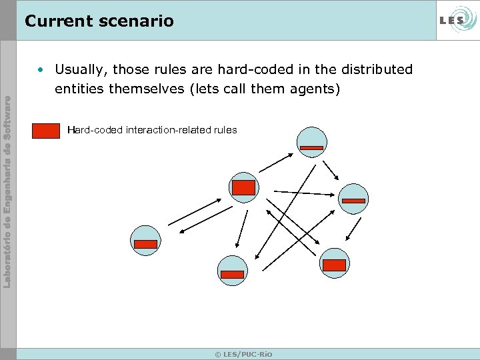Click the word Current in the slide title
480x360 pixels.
[x=55, y=21]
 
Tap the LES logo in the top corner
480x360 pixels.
[x=457, y=21]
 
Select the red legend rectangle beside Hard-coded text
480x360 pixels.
[x=46, y=131]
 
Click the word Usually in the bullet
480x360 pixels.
[x=79, y=69]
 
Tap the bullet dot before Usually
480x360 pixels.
[x=41, y=70]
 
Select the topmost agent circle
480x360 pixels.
[x=311, y=142]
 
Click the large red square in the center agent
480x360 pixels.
[x=243, y=187]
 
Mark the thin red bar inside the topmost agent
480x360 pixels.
[x=311, y=147]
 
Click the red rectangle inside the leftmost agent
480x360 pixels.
[x=145, y=244]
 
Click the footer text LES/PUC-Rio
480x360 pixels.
[x=243, y=354]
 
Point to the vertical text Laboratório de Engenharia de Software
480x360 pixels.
[x=7, y=193]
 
